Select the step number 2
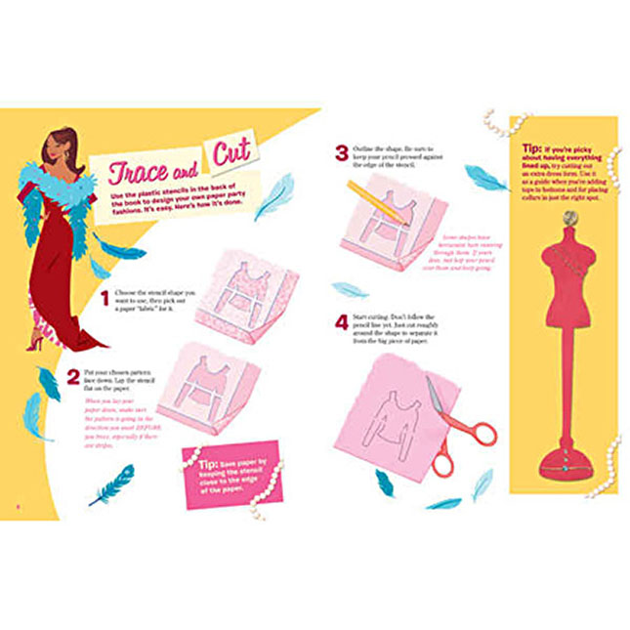(73, 374)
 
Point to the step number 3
(341, 152)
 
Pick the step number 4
(341, 319)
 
